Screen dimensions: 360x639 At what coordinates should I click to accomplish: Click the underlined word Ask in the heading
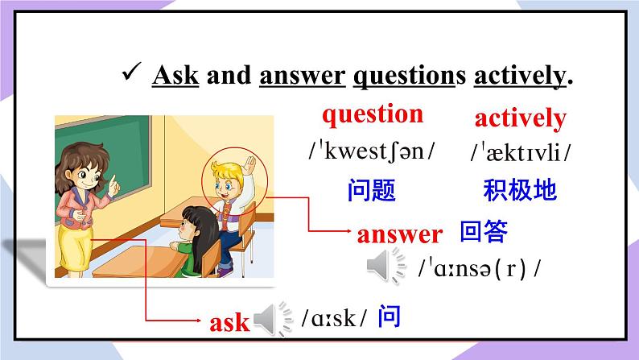coord(175,76)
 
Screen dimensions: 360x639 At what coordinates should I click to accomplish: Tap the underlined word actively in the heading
coord(519,76)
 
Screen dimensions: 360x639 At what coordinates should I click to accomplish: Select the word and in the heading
coord(229,76)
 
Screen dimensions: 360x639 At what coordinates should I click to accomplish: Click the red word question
coord(372,114)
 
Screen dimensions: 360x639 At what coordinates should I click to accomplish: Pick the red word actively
coord(520,118)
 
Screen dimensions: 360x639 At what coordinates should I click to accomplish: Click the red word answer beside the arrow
coord(399,234)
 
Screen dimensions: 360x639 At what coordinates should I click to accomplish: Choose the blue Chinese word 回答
coord(484,232)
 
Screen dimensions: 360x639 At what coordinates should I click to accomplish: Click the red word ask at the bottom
coord(229,323)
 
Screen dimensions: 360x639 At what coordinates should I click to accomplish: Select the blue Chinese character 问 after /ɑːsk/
coord(389,317)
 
